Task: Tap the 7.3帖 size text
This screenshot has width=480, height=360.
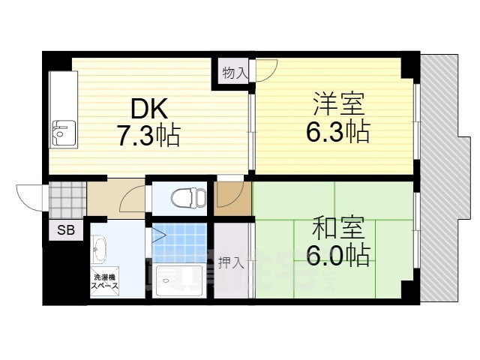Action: [x=148, y=135]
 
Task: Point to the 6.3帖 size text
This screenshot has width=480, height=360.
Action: [x=337, y=132]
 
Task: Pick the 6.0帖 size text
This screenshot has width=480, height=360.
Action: [x=337, y=255]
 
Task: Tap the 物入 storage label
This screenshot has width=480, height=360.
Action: [x=234, y=73]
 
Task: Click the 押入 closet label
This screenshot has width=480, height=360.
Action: [x=231, y=263]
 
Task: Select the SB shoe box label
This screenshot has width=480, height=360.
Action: [x=65, y=230]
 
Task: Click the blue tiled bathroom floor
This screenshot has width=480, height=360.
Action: [x=180, y=241]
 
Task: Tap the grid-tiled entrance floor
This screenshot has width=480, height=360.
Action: [x=65, y=199]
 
